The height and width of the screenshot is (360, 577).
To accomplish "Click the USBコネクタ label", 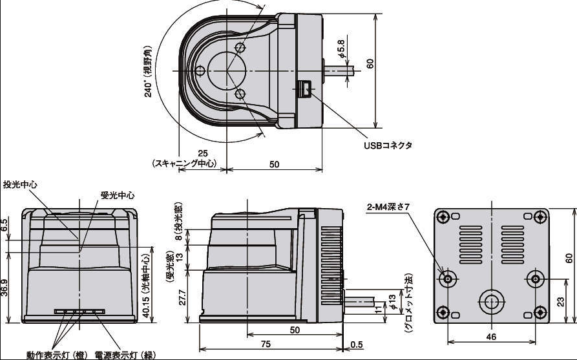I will (x=388, y=145).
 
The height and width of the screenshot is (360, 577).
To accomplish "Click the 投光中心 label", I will (x=20, y=184).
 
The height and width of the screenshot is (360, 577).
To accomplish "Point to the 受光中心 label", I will (x=118, y=195).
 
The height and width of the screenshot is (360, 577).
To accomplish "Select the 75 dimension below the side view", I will (x=266, y=344).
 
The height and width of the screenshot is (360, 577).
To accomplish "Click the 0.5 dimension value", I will (x=355, y=344).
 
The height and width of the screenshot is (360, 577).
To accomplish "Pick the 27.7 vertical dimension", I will (x=182, y=298).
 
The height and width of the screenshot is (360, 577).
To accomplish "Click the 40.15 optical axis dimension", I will (x=147, y=282).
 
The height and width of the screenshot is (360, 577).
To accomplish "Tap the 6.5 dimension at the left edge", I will (x=5, y=226).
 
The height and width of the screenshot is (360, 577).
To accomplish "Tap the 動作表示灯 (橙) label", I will (x=58, y=355).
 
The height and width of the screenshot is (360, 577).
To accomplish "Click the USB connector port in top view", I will (x=304, y=89).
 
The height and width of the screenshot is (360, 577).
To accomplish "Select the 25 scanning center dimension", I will (x=202, y=153).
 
